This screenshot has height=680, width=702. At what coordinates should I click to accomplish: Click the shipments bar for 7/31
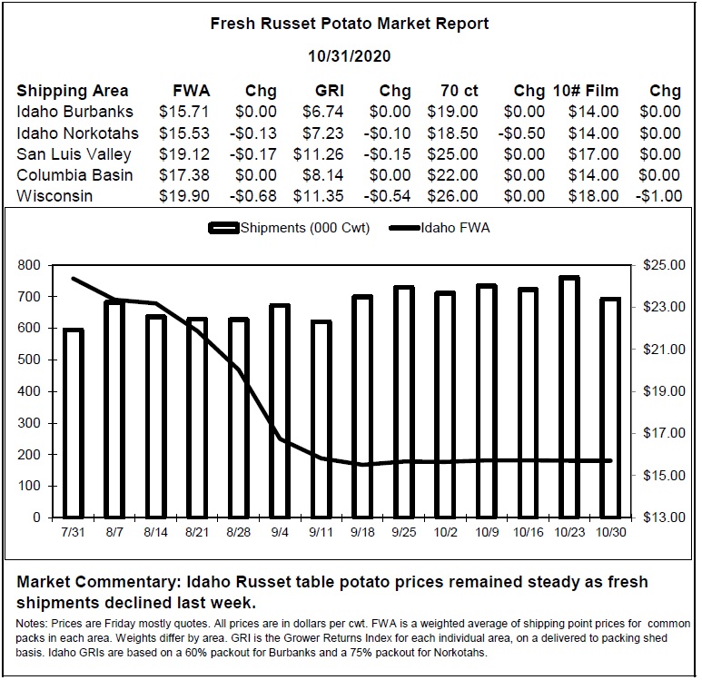(x=74, y=423)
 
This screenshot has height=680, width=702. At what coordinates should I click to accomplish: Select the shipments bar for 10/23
(x=569, y=397)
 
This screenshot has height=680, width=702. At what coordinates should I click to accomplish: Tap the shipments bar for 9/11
(x=321, y=419)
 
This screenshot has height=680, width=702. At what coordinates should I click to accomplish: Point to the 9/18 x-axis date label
(x=362, y=532)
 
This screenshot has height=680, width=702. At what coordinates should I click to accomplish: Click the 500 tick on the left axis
(x=29, y=360)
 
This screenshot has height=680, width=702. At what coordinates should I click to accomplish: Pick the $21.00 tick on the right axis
(x=664, y=350)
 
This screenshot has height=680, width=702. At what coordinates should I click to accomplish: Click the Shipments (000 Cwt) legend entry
(x=289, y=228)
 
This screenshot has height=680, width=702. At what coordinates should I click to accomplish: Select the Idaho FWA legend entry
(x=440, y=228)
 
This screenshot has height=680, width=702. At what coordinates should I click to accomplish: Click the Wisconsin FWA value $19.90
(x=184, y=196)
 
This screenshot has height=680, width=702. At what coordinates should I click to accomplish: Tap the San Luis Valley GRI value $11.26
(x=319, y=154)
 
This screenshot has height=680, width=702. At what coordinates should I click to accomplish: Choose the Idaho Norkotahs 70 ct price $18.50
(x=452, y=133)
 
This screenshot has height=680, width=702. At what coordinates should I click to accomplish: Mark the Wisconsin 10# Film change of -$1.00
(x=659, y=196)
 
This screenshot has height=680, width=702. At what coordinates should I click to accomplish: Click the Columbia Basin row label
(x=74, y=175)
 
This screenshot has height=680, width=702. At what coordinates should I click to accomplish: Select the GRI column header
(x=330, y=91)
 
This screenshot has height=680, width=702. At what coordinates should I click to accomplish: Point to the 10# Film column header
(x=586, y=91)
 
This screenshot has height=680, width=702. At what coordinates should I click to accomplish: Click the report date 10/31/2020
(x=350, y=56)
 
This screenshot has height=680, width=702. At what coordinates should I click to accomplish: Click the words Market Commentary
(x=99, y=582)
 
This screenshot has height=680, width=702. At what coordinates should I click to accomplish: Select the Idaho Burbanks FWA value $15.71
(x=184, y=112)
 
